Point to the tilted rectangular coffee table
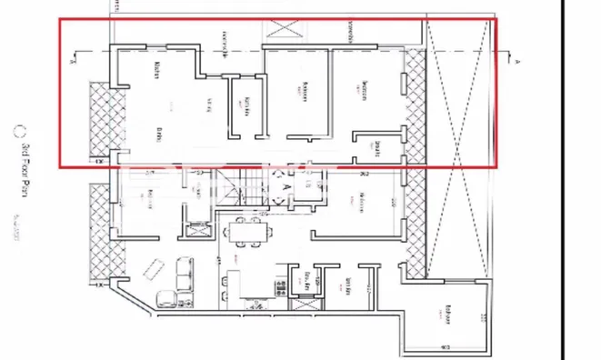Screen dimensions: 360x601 point(155,268)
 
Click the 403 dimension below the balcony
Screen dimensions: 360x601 point(446,347)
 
